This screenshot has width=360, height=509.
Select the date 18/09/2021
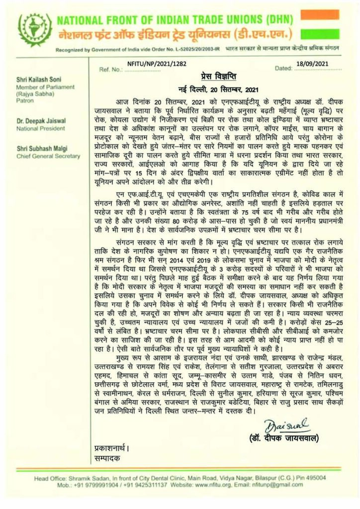tap(312, 64)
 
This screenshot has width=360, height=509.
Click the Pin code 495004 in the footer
tap(313, 477)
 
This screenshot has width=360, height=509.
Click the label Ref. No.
tap(110, 70)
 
